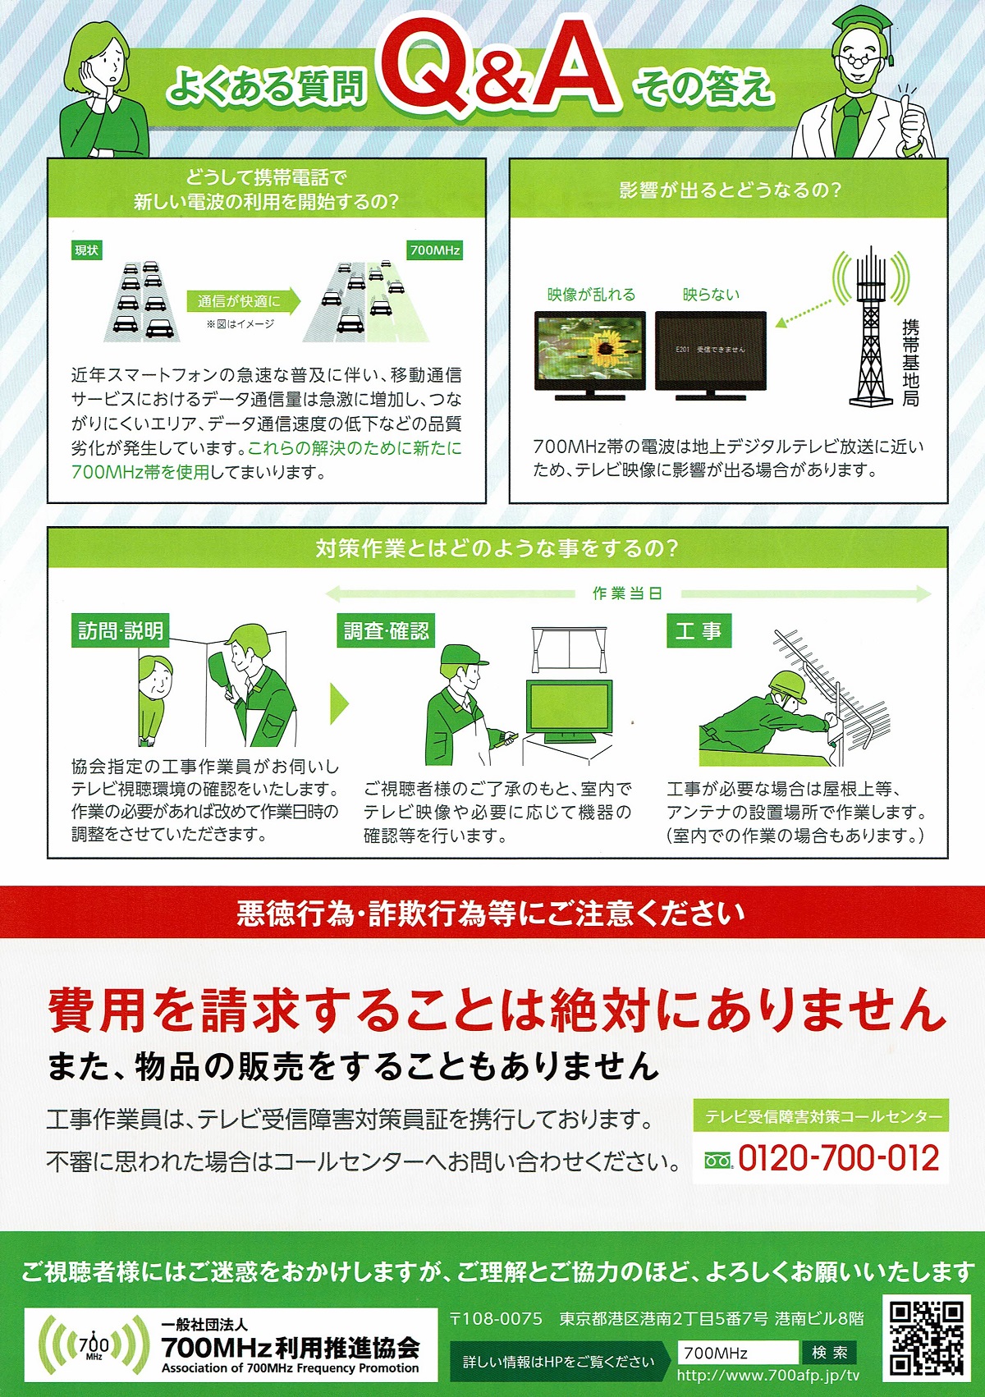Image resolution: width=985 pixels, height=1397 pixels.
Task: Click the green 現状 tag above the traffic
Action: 87,250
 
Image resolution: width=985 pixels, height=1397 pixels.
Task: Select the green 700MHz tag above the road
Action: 435,250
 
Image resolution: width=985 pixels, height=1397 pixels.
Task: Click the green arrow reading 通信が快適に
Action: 243,302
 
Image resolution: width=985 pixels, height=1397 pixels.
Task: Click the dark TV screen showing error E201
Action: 711,350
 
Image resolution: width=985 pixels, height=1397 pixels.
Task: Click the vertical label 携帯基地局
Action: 910,363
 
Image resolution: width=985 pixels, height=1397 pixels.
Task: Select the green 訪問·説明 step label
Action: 121,630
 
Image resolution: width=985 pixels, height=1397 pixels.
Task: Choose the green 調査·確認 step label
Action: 386,630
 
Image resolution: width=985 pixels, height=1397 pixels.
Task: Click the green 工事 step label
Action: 699,630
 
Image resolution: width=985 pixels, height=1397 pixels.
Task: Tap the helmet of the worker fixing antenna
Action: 789,682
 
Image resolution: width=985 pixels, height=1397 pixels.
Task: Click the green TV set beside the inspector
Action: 569,712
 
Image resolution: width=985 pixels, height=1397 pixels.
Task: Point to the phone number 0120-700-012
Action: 838,1158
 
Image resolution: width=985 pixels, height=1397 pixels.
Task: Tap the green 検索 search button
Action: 829,1352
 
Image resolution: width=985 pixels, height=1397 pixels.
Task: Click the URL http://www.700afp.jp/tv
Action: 768,1375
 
